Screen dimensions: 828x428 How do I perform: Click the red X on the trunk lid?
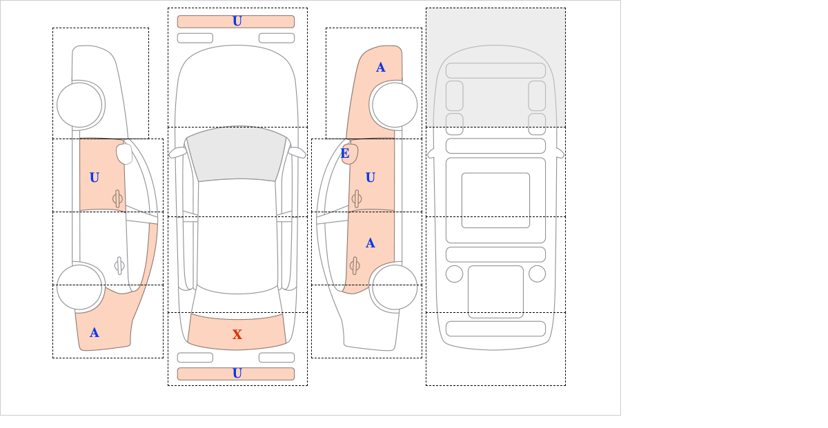[x=237, y=334]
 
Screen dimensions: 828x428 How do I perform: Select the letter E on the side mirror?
[x=345, y=153]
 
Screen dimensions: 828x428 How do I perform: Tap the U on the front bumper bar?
[x=237, y=21]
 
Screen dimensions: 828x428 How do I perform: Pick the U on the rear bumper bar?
[x=237, y=374]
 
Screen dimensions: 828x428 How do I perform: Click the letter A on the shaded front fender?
[x=381, y=68]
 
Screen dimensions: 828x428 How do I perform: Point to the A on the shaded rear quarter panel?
[x=95, y=333]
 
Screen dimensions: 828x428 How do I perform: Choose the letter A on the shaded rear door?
[x=371, y=243]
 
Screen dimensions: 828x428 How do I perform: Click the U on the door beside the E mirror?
[x=371, y=178]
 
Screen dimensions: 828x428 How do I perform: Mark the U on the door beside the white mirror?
[x=95, y=178]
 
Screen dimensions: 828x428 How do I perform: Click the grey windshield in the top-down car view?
[x=237, y=155]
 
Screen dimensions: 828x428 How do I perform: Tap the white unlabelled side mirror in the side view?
[x=124, y=154]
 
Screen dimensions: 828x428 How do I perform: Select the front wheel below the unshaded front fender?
[x=79, y=105]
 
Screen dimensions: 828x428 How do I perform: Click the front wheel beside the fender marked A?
[x=395, y=105]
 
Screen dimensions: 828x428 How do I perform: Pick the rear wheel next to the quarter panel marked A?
[x=79, y=287]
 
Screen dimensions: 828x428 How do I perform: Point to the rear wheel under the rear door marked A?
[x=395, y=287]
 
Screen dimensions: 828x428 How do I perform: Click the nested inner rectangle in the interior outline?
[x=495, y=201]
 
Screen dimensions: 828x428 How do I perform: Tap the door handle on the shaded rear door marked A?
[x=355, y=265]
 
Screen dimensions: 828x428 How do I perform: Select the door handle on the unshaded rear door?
[x=119, y=265]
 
